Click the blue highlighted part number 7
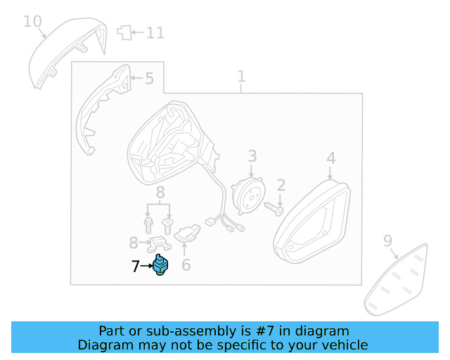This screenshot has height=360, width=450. click(x=162, y=266)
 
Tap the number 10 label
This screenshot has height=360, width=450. click(x=32, y=21)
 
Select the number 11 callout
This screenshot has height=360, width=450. click(x=155, y=32)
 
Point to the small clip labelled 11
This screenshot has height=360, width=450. click(x=124, y=32)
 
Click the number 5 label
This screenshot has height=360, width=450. click(x=149, y=78)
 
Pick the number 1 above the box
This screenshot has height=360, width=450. click(x=241, y=76)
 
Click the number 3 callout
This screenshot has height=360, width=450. click(x=252, y=157)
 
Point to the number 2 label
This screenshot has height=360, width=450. click(x=281, y=186)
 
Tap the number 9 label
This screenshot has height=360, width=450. click(x=387, y=241)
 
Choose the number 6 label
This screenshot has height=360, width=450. click(x=186, y=265)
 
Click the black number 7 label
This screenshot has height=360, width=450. click(x=136, y=266)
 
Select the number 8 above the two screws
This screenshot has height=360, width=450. click(x=160, y=192)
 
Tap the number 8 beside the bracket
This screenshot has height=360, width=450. click(x=134, y=243)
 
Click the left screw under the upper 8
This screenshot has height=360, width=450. click(x=149, y=225)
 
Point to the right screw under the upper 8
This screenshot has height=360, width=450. click(x=167, y=225)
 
